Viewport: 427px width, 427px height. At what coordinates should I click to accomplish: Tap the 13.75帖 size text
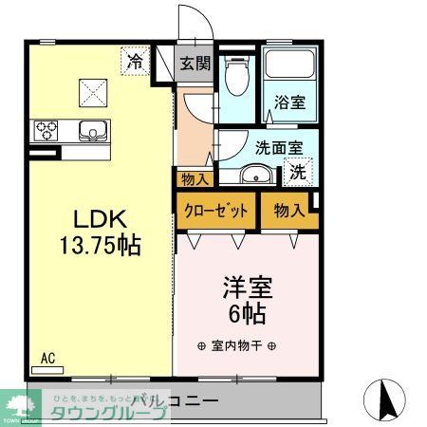(101, 246)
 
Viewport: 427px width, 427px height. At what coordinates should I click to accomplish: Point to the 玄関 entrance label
(196, 65)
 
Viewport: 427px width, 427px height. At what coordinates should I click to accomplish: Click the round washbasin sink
(254, 176)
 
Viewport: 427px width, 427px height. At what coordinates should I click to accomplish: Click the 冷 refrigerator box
(136, 63)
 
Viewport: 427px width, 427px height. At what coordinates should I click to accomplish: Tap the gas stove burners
(47, 129)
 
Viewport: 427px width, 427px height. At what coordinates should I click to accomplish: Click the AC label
(48, 359)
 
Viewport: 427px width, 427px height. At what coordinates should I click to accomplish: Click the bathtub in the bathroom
(288, 65)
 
